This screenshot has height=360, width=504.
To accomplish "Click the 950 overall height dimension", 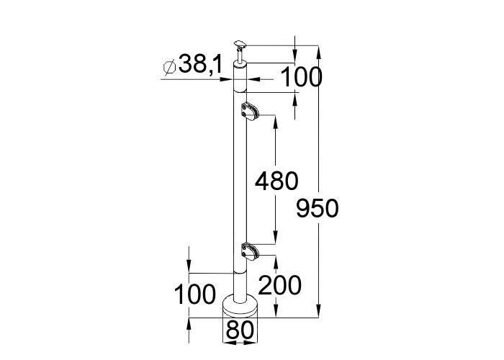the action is pos(318,208).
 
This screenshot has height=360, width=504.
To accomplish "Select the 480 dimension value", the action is pos(276,181).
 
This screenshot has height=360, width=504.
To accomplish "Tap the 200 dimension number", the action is pos(279,285).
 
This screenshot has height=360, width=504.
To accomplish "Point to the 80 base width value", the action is pos(240,330).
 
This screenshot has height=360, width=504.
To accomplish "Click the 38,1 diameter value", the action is pos(200,63).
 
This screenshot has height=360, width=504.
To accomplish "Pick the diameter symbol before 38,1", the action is pos(169,68).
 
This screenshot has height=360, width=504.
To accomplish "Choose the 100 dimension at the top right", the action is pos(301,77).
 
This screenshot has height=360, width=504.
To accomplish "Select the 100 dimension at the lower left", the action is pos(195,294).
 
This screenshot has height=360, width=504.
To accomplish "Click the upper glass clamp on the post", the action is pos(249,111).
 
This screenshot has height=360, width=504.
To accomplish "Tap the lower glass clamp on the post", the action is pos(249,251).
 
